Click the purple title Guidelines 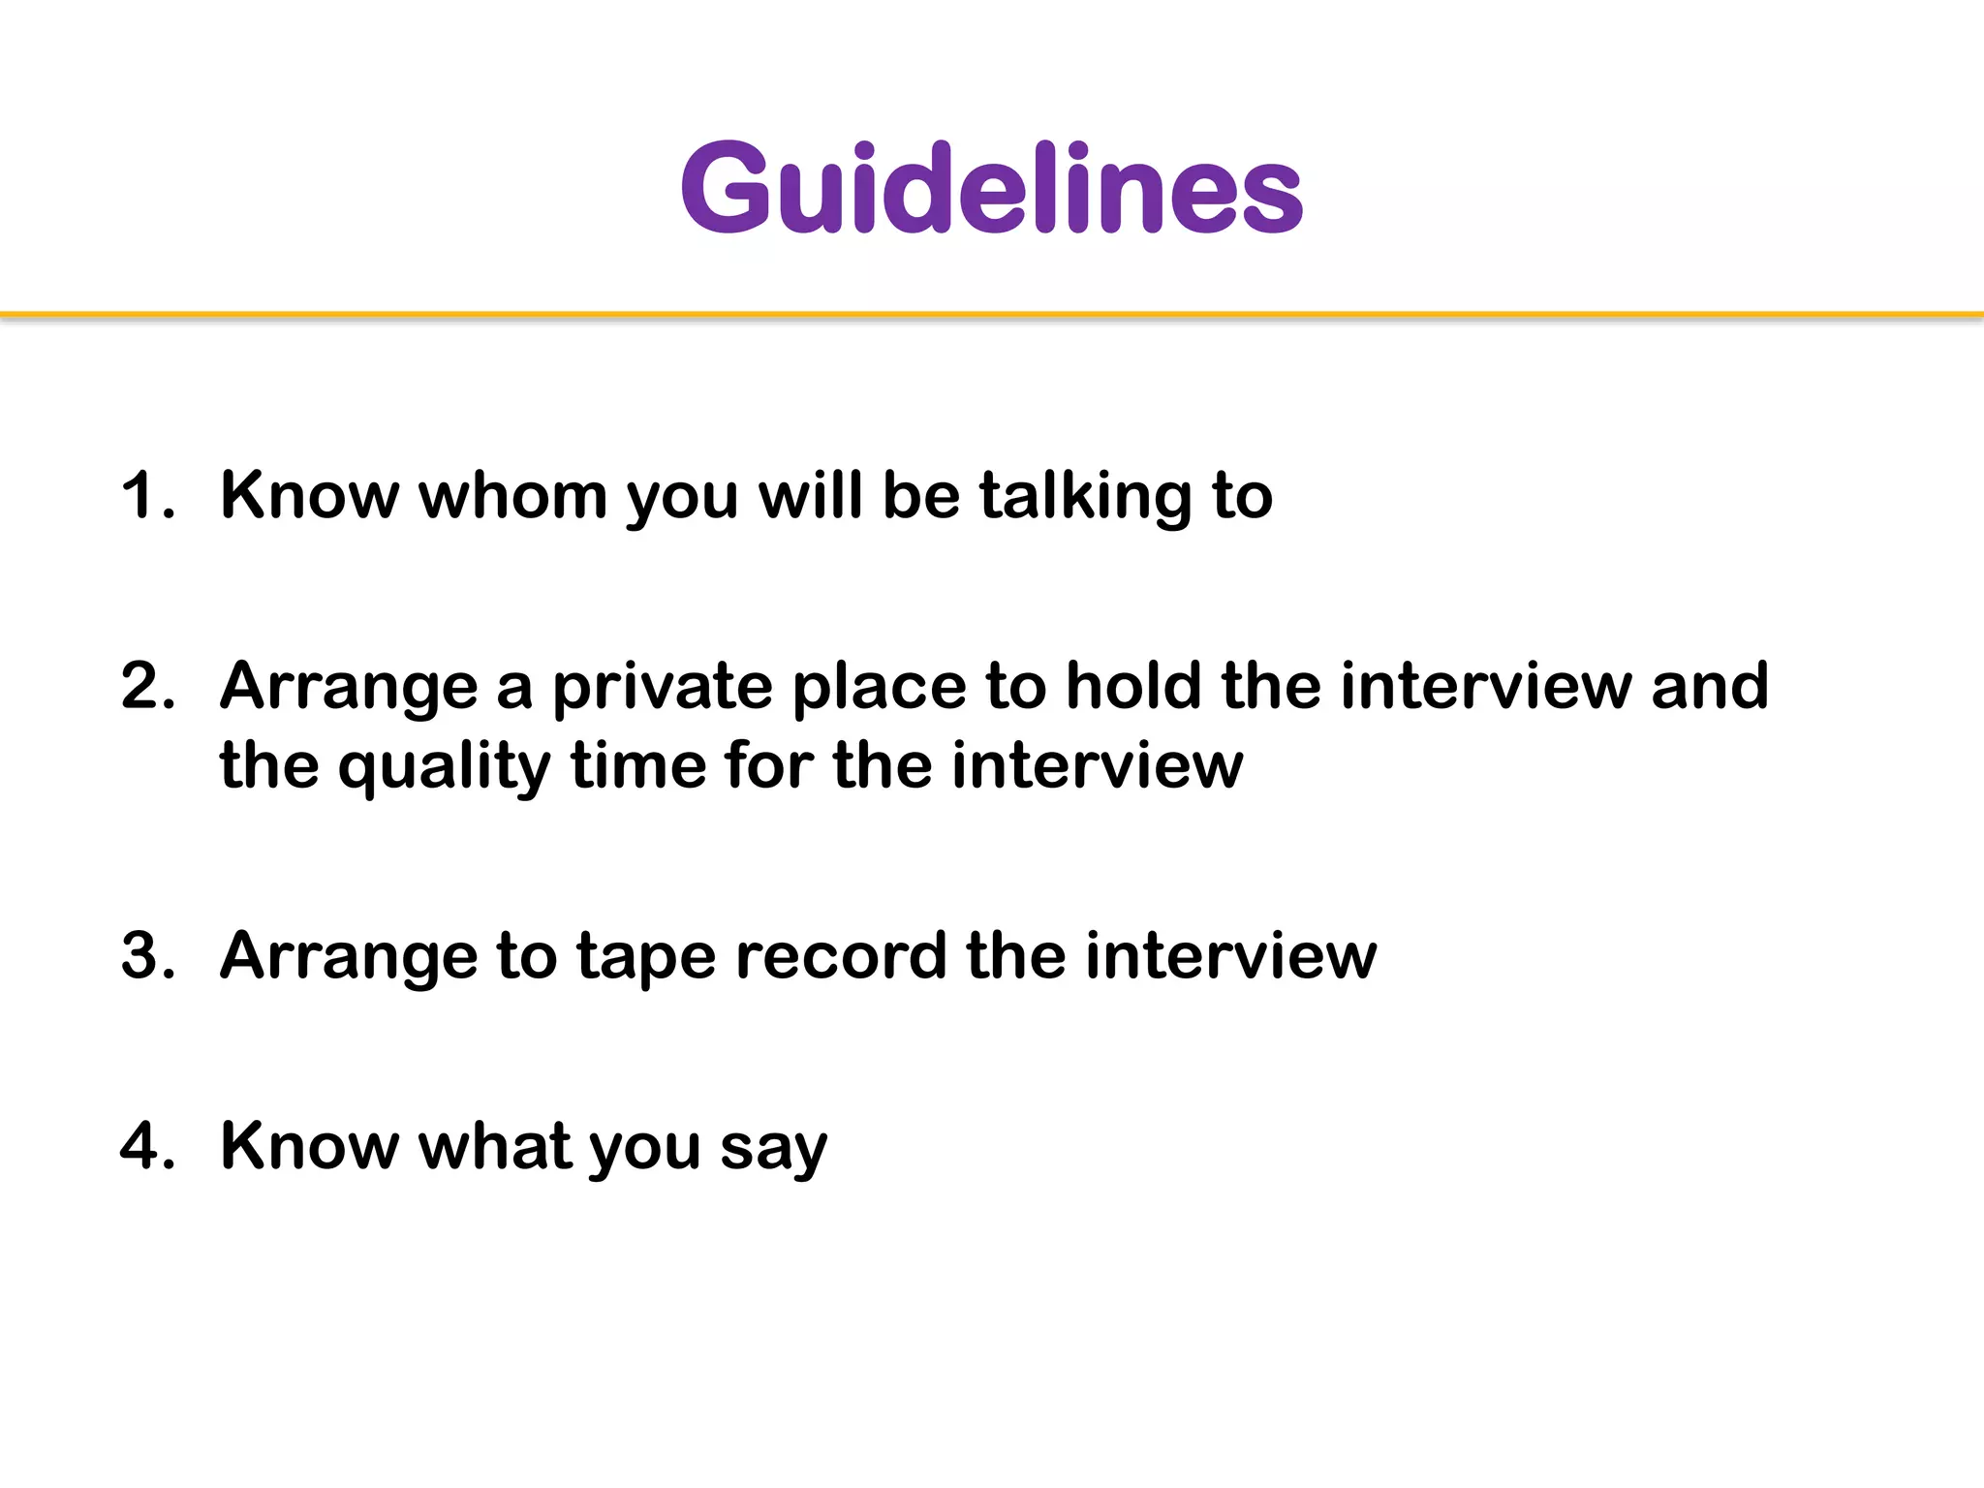992,188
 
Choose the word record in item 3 840,955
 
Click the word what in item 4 492,1146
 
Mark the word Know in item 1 309,496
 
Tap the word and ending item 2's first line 1710,686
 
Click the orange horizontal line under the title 992,315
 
